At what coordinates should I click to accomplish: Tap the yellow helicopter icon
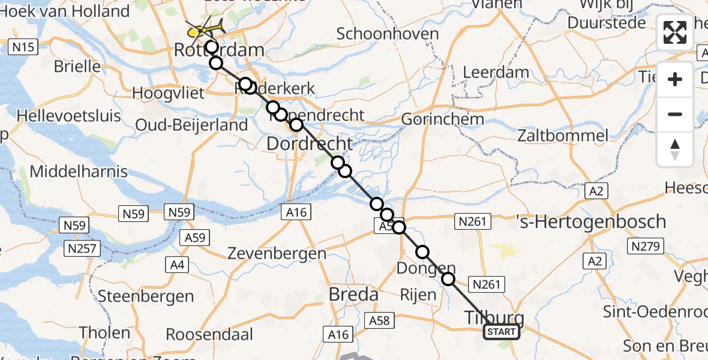click(x=205, y=28)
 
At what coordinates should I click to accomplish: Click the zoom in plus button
click(x=675, y=79)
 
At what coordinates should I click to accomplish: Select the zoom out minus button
click(x=675, y=114)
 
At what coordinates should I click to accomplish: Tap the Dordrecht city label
click(x=309, y=144)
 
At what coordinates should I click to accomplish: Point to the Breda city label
click(x=353, y=295)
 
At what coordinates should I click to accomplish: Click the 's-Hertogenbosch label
click(x=590, y=221)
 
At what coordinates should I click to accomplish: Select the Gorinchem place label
click(x=442, y=119)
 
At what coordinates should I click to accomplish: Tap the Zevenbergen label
click(x=277, y=253)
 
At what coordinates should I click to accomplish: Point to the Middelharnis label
click(x=79, y=172)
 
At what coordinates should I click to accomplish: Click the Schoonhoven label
click(x=388, y=34)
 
